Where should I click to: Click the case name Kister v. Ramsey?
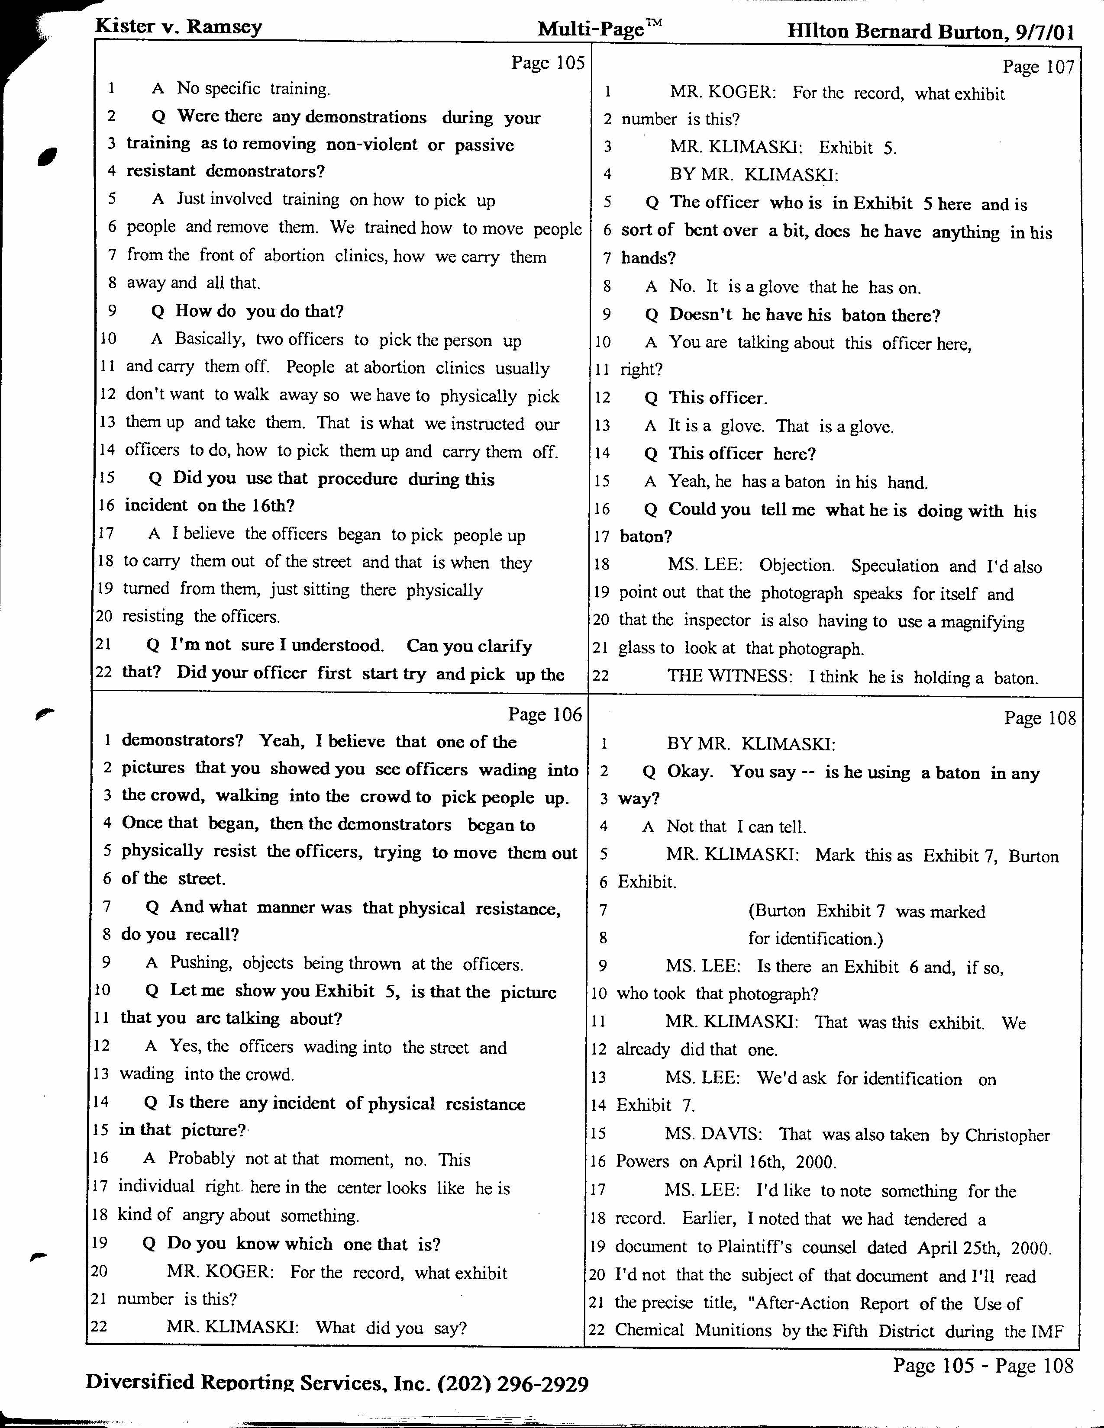coord(178,27)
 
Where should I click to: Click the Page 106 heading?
coord(545,715)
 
